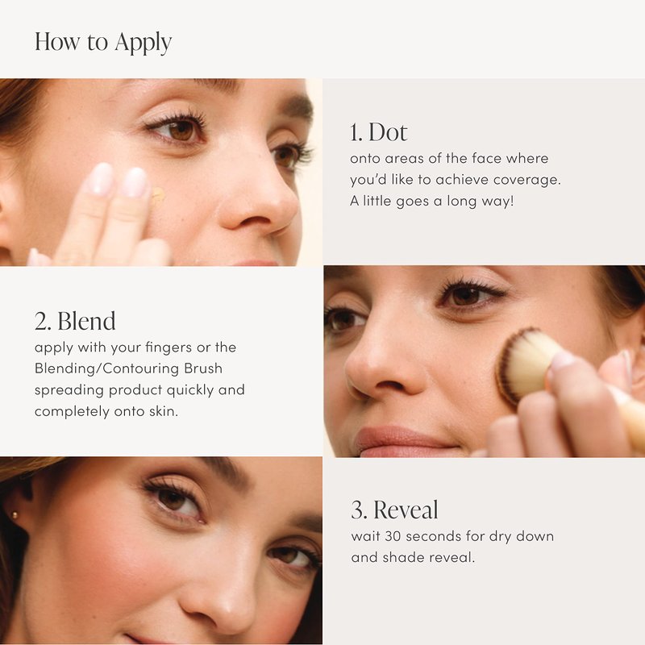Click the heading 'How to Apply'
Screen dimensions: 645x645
103,43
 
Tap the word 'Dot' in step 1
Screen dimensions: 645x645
388,132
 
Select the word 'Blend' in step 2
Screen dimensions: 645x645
86,321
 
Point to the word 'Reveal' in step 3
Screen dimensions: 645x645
406,510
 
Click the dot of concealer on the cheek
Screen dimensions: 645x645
157,195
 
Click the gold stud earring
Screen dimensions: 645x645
15,514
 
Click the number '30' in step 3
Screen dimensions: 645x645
393,536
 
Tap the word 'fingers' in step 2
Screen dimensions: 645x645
169,347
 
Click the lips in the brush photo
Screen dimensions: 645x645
403,442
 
